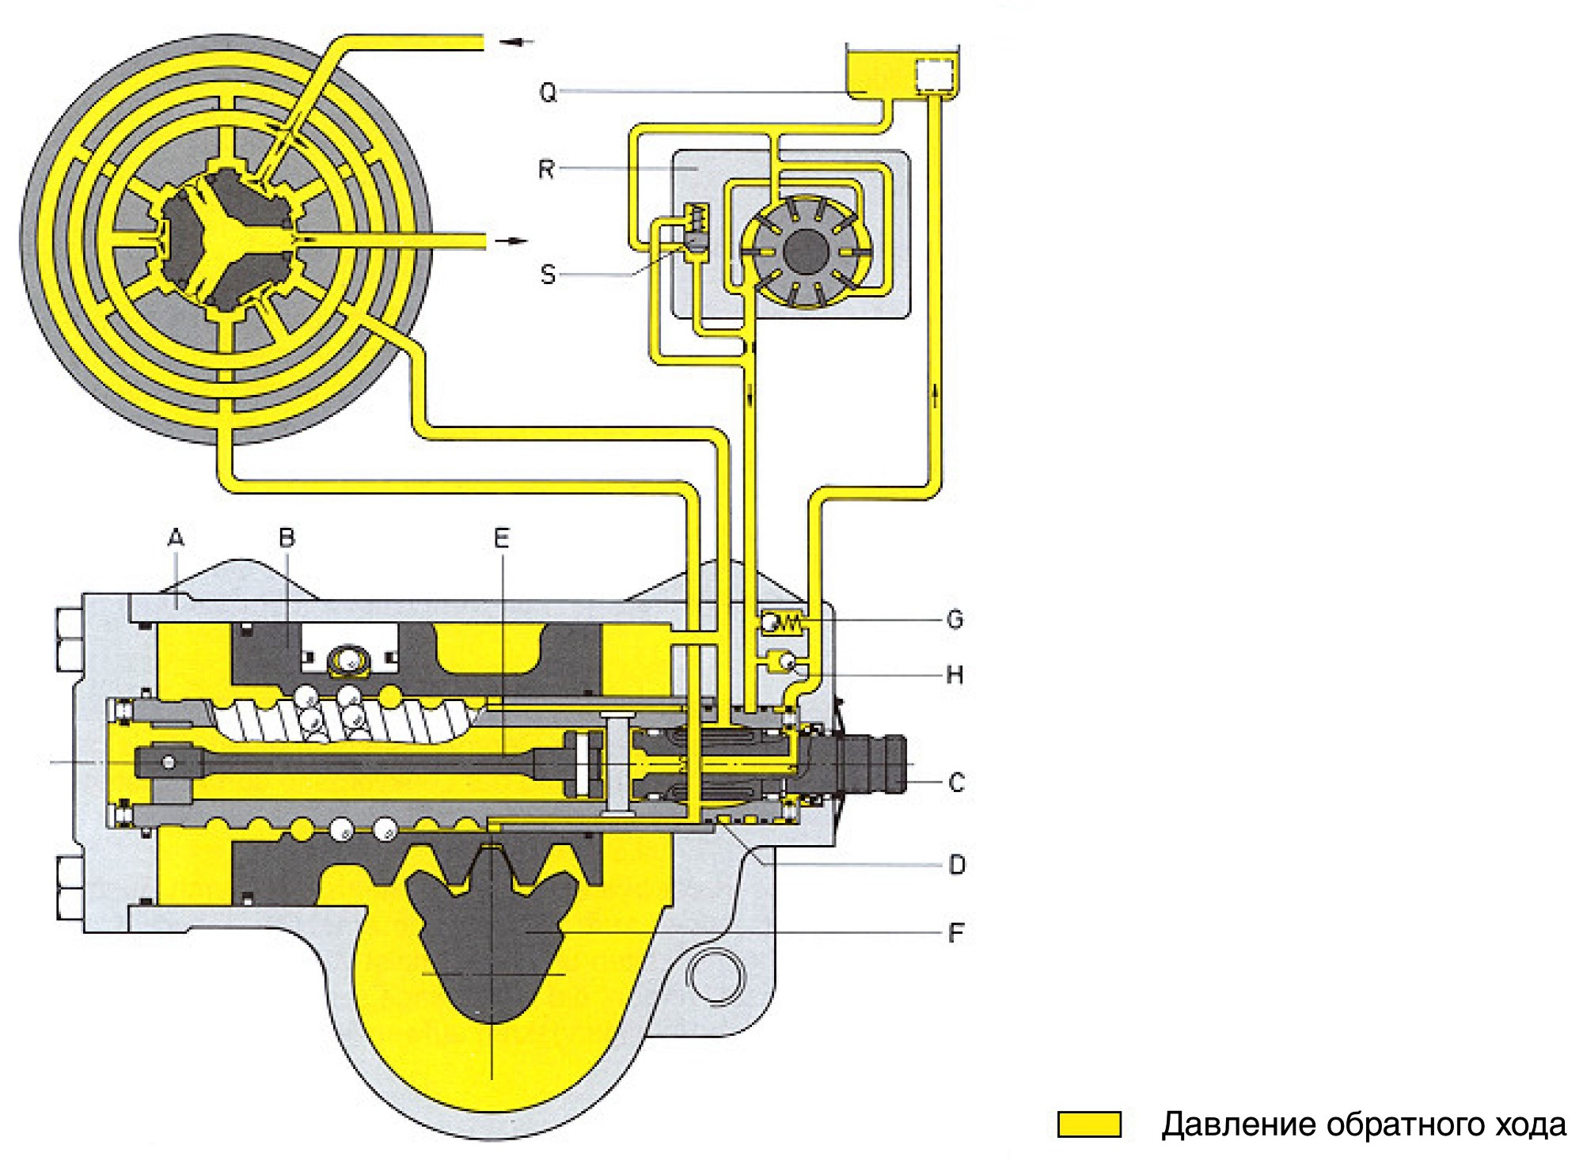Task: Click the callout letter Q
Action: [x=548, y=93]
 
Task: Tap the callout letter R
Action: [x=546, y=169]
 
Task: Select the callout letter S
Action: [x=548, y=274]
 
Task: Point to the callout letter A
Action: [x=176, y=539]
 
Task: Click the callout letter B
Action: [x=287, y=539]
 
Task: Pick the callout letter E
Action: [x=501, y=539]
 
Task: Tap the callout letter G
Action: [x=955, y=619]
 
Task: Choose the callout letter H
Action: [x=955, y=674]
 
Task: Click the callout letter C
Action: [x=956, y=783]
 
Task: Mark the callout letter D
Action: [x=956, y=865]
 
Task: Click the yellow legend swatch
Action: [x=1089, y=1124]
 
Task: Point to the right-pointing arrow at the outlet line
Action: [x=510, y=240]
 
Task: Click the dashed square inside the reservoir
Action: [x=934, y=77]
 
